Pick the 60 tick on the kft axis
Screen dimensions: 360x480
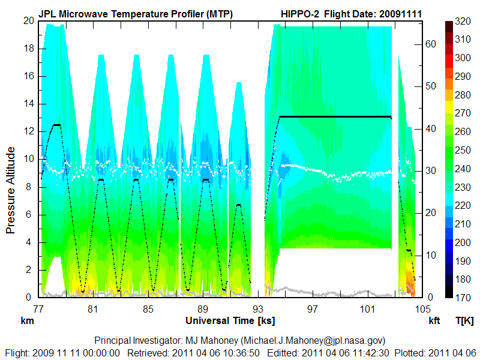pos(431,44)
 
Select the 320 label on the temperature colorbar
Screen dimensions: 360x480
pos(462,20)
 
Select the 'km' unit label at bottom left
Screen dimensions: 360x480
pos(26,320)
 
